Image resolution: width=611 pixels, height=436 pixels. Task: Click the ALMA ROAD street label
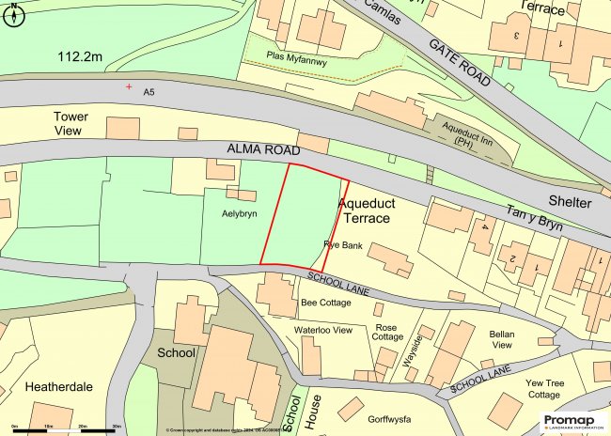(x=262, y=150)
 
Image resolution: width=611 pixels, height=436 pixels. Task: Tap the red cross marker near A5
(x=129, y=87)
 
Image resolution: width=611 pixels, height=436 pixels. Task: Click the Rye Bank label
(x=343, y=244)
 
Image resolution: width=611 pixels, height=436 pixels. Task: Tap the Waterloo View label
(x=323, y=330)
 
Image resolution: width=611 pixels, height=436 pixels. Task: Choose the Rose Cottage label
(x=387, y=332)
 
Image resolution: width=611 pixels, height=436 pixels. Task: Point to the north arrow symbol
(x=12, y=8)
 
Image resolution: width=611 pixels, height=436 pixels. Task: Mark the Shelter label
(x=571, y=202)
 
